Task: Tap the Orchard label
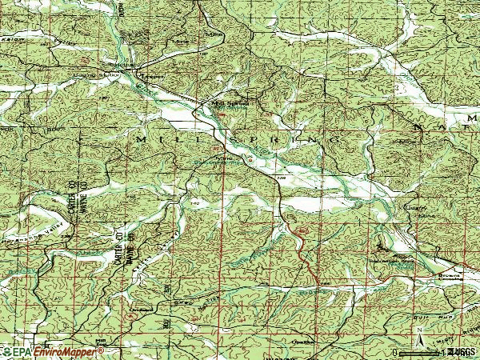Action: [x=142, y=306]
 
